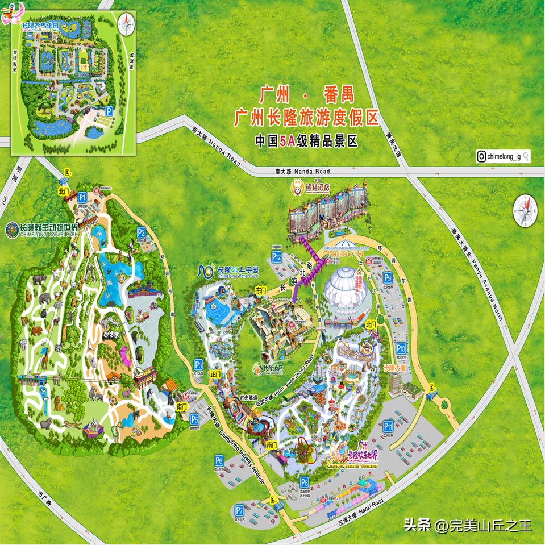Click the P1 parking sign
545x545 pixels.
82,197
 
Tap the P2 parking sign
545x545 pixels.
141,232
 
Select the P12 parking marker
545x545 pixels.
276,257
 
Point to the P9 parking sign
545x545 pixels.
388,277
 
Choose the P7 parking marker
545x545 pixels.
239,509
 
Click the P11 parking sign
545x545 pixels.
389,426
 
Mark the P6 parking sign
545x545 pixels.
219,460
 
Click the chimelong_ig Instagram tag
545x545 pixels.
503,156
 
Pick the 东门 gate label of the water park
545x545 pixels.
261,290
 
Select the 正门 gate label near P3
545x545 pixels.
215,374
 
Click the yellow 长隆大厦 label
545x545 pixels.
395,368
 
